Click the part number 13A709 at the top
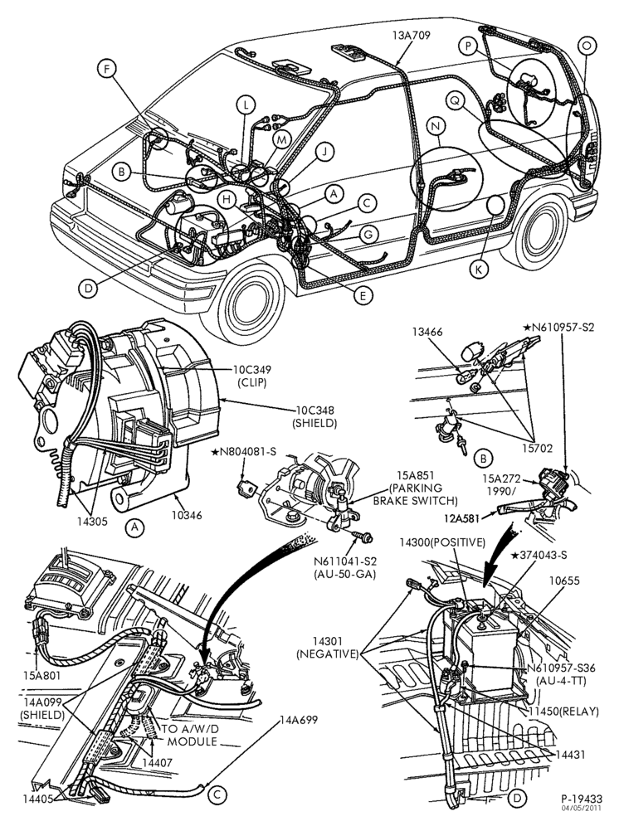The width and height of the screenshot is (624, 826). click(x=411, y=36)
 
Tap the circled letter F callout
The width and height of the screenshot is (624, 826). click(x=107, y=69)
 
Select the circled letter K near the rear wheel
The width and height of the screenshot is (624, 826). click(x=479, y=270)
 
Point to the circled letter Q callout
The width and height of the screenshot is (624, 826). click(x=455, y=100)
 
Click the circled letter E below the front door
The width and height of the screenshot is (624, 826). click(x=363, y=295)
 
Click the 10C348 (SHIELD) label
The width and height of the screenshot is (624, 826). click(x=314, y=416)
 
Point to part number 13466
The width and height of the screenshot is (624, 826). click(x=428, y=332)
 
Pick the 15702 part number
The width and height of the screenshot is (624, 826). click(x=538, y=449)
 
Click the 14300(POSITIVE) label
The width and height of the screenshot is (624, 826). click(x=443, y=542)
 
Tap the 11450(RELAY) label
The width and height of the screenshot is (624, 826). click(x=564, y=712)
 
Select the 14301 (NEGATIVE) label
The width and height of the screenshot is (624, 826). click(x=327, y=648)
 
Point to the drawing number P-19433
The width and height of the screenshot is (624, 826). click(x=582, y=799)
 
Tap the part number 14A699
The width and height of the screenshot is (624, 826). click(x=299, y=720)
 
